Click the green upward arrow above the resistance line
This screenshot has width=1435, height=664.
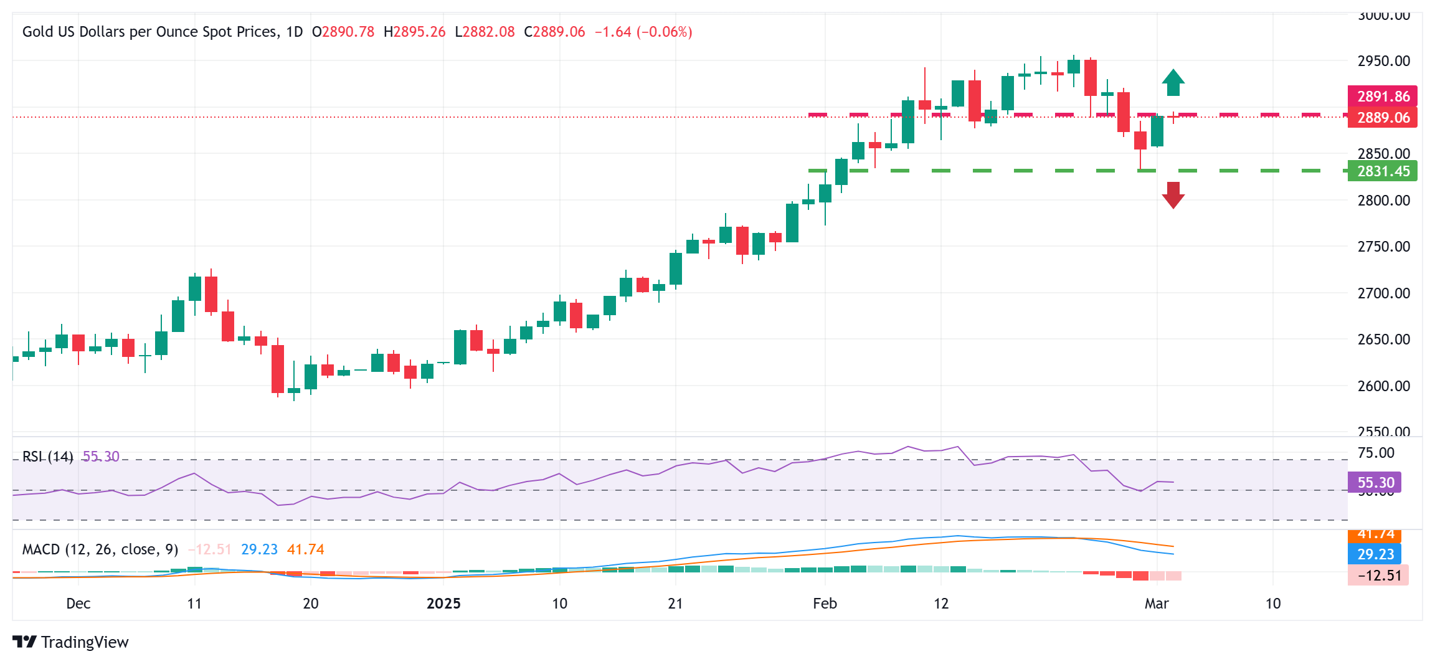[1173, 82]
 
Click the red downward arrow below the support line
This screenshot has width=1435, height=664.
[1173, 195]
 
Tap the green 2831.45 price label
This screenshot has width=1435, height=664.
[1382, 171]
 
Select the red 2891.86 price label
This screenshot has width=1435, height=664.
[1382, 96]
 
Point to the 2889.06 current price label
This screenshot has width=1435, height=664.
[1382, 118]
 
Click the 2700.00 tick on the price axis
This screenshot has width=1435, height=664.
[1383, 293]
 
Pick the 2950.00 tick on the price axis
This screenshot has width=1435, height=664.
[1383, 61]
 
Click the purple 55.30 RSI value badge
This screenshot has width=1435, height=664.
[1375, 482]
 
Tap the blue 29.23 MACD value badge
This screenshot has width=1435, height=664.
[1375, 554]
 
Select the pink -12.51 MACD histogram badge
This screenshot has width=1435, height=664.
[1378, 575]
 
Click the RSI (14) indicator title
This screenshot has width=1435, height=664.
[47, 457]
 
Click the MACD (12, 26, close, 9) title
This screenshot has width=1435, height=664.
[100, 549]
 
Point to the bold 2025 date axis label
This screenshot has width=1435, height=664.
[443, 604]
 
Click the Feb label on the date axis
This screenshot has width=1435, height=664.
[825, 604]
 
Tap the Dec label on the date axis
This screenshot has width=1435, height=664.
[78, 604]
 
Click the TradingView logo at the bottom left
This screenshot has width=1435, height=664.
[70, 642]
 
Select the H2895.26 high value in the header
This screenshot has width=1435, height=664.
[414, 32]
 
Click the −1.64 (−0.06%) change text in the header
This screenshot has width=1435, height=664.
[643, 32]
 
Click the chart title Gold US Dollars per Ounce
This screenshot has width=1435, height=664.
[149, 32]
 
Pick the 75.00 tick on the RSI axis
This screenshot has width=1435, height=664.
[1375, 453]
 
